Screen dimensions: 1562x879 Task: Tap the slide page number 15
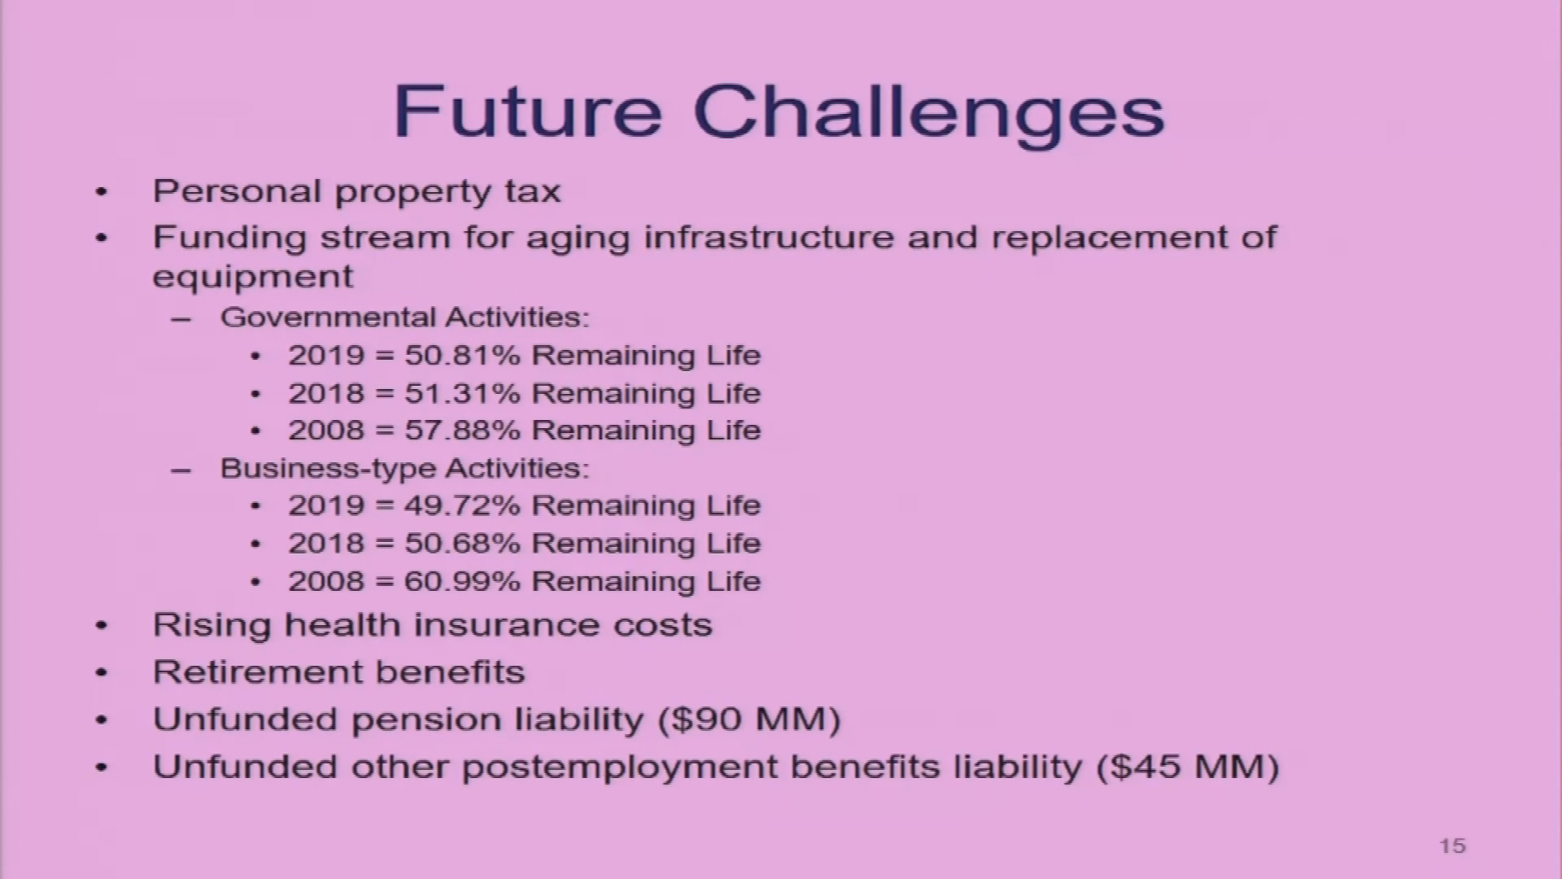tap(1452, 846)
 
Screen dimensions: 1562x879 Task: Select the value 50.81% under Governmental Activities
tap(462, 356)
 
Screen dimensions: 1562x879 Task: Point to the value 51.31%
tap(462, 393)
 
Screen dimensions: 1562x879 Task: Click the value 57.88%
tap(462, 430)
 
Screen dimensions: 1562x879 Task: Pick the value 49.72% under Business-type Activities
tap(462, 505)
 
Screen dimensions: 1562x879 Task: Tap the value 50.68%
tap(462, 543)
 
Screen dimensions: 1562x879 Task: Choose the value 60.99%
tap(462, 581)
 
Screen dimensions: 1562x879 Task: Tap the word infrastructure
tap(769, 238)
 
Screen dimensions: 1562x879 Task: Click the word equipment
tap(253, 278)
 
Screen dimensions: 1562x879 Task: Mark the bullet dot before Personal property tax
tap(101, 193)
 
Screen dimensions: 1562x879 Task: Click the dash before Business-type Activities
tap(181, 470)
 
